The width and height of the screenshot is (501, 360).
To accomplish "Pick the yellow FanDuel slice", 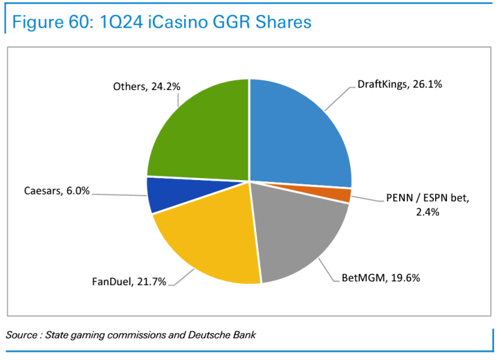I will coord(204,240).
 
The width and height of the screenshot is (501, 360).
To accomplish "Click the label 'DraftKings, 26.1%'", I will coord(400,85).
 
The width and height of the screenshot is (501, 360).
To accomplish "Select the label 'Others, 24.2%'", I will coord(147,86).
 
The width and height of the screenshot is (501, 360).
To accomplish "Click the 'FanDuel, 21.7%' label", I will coord(129,281).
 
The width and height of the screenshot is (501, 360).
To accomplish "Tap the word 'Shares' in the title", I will coord(283,22).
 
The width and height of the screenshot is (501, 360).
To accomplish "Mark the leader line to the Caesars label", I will coord(120,193).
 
